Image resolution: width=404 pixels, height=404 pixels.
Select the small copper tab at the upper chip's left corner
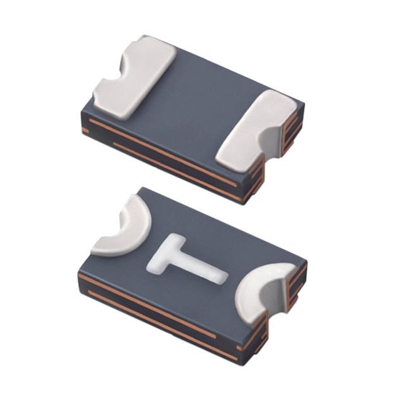coord(85,131)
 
